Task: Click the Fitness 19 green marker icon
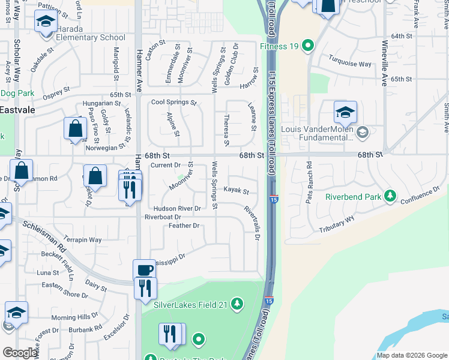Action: pyautogui.click(x=308, y=46)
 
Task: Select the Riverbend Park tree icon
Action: pyautogui.click(x=390, y=196)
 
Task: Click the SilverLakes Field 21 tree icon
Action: pyautogui.click(x=237, y=304)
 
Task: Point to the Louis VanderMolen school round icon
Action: pyautogui.click(x=362, y=132)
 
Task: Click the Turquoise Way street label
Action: pyautogui.click(x=349, y=61)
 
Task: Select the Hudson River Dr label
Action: pyautogui.click(x=172, y=208)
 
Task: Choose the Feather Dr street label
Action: pyautogui.click(x=184, y=226)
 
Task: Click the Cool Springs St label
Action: pyautogui.click(x=173, y=103)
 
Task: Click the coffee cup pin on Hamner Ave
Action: pyautogui.click(x=143, y=271)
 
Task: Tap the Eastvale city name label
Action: pyautogui.click(x=17, y=110)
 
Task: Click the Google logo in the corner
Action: pyautogui.click(x=19, y=353)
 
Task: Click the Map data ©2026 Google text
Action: pyautogui.click(x=412, y=355)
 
